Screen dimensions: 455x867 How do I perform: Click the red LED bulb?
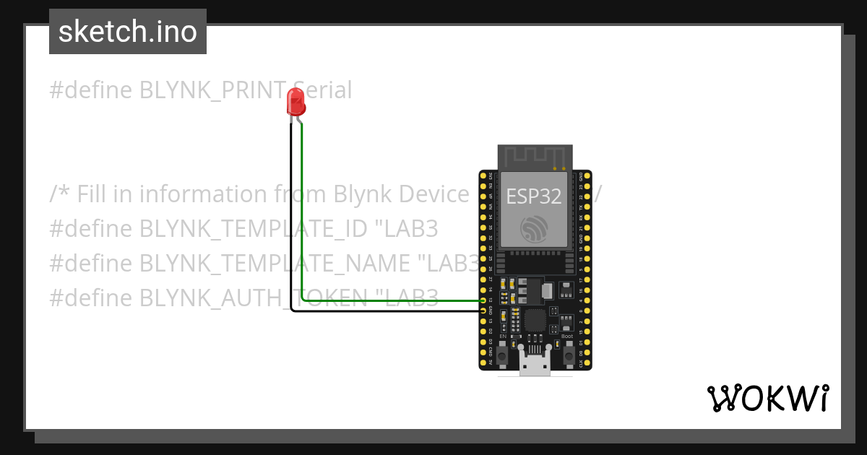pos(296,101)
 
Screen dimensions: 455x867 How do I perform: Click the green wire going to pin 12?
pos(301,217)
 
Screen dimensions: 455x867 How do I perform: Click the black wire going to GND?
pos(291,217)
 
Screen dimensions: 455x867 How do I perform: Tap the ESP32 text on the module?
pos(533,196)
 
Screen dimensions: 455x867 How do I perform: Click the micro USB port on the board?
pos(535,365)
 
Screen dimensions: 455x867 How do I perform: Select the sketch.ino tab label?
pos(128,32)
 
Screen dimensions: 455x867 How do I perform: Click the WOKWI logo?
pos(767,399)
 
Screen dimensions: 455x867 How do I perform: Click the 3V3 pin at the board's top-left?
pos(483,175)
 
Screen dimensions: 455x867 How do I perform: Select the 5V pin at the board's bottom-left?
pos(483,363)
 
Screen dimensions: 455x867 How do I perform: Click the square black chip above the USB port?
pos(535,320)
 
